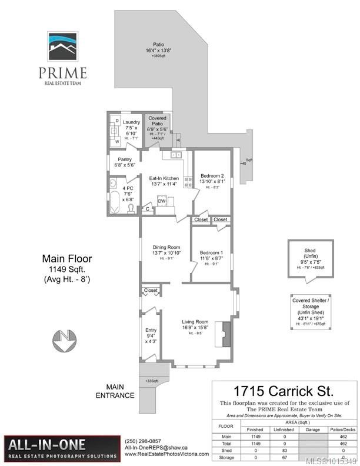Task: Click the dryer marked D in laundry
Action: pyautogui.click(x=116, y=121)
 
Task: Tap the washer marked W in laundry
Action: pyautogui.click(x=116, y=141)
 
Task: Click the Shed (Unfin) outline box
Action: pyautogui.click(x=310, y=258)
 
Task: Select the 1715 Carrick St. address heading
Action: pyautogui.click(x=284, y=391)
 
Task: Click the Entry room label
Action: pyautogui.click(x=151, y=334)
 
